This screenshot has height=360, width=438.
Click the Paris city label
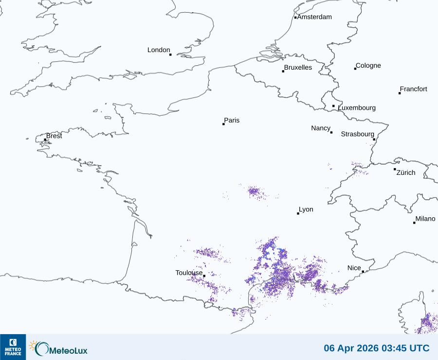232,120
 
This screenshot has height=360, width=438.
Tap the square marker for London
170,55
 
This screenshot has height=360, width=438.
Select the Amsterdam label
314,17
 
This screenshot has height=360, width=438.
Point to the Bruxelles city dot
283,72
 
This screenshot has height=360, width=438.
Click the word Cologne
368,66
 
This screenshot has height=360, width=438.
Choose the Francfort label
413,89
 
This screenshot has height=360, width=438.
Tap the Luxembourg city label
357,108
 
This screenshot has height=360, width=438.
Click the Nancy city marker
331,133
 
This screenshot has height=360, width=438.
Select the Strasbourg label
357,134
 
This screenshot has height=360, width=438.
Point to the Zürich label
406,172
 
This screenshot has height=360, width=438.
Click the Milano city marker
415,223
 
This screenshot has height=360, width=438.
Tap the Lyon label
306,209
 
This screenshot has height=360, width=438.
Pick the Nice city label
354,268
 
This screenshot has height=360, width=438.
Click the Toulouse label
189,273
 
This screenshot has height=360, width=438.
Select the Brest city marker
45,140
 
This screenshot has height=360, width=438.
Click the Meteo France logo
13,347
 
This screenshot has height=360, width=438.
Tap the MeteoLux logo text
68,349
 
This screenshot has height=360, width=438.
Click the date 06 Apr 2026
350,348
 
